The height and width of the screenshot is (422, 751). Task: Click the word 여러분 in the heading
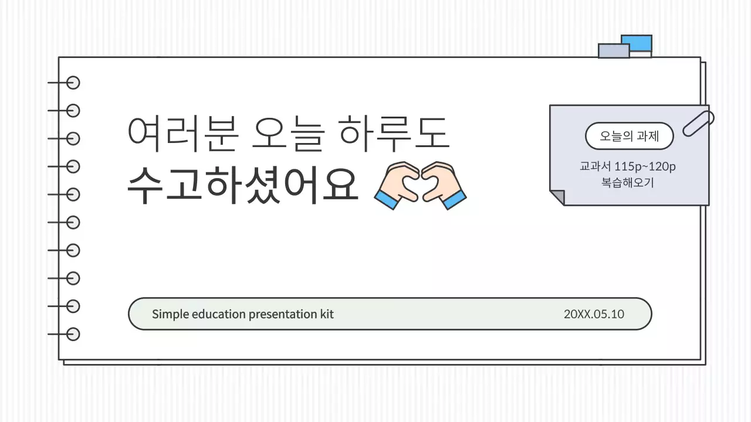pos(182,133)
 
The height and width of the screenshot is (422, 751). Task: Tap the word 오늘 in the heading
pos(287,133)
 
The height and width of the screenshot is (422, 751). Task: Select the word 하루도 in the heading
pos(395,133)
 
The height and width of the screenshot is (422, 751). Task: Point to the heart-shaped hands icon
pos(420,185)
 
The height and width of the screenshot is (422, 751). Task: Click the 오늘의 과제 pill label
pos(629,137)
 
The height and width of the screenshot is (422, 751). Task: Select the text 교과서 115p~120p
pos(628,167)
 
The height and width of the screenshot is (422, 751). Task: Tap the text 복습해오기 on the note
pos(628,182)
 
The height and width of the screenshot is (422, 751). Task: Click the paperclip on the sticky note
pos(698,123)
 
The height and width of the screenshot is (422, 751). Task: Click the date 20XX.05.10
pos(594,314)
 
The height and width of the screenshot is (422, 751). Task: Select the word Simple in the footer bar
pos(170,314)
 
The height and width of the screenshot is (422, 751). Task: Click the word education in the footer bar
pos(218,314)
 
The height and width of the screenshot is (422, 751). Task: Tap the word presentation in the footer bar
pos(283,314)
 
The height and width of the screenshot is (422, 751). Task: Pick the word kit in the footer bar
pos(327,314)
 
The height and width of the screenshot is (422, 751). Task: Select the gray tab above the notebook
pos(613,51)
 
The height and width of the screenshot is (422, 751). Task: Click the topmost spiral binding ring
pos(73,83)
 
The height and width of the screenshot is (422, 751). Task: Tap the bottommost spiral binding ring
pos(73,334)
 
